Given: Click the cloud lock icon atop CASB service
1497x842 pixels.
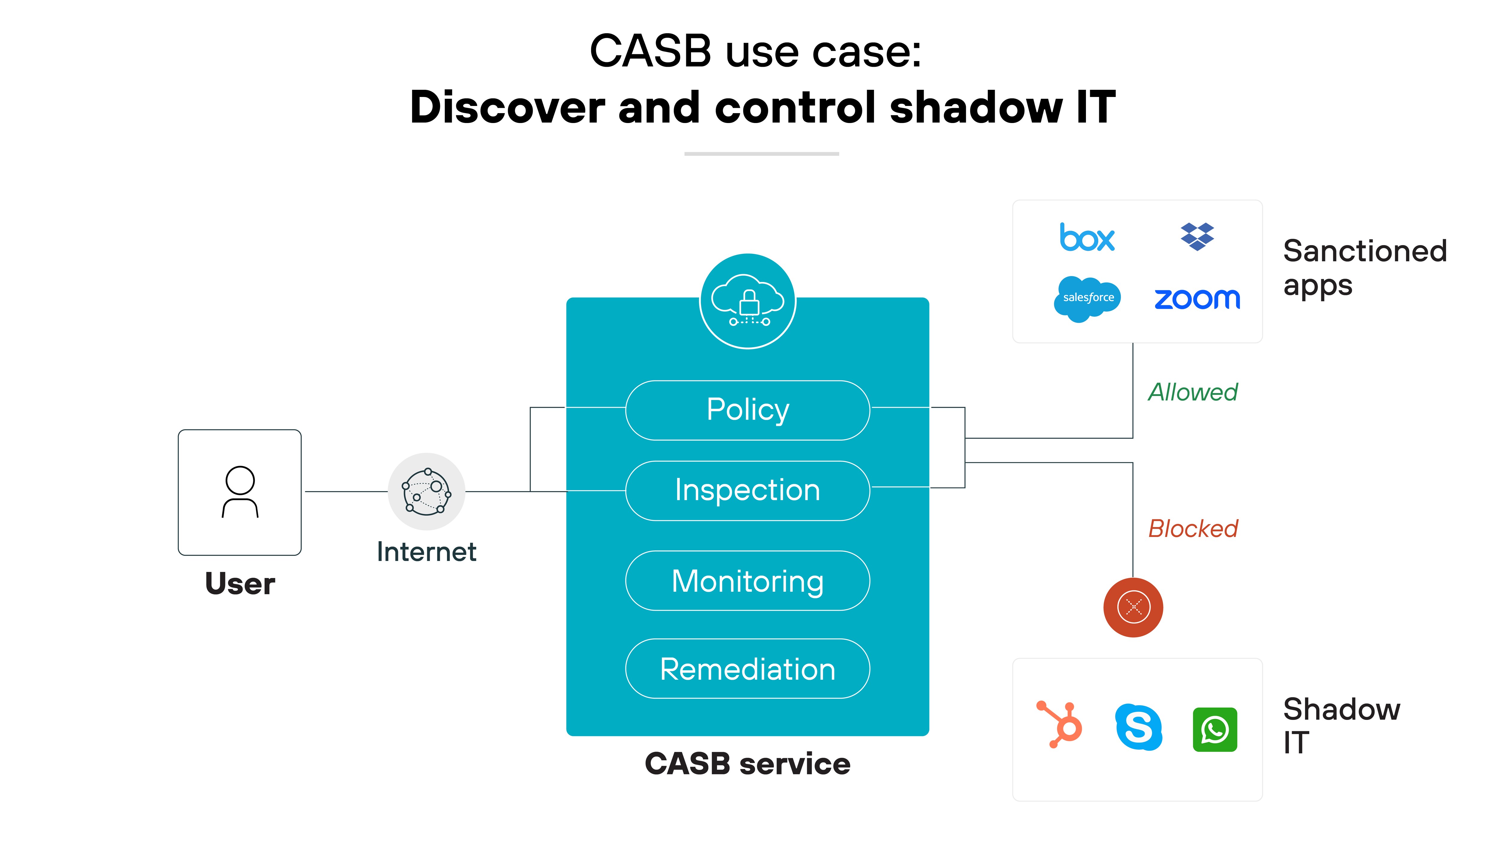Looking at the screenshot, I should tap(748, 301).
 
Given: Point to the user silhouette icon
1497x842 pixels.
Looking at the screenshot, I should tap(240, 491).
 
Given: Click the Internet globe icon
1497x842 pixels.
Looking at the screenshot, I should tap(427, 491).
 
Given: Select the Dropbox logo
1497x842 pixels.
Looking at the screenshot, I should tap(1197, 236).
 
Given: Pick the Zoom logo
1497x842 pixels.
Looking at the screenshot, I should tap(1197, 299).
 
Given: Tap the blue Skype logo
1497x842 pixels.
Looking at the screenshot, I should tap(1138, 727).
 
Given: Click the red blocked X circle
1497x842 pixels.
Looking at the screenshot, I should tap(1133, 607).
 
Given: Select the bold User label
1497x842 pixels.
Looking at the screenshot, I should tap(240, 583).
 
